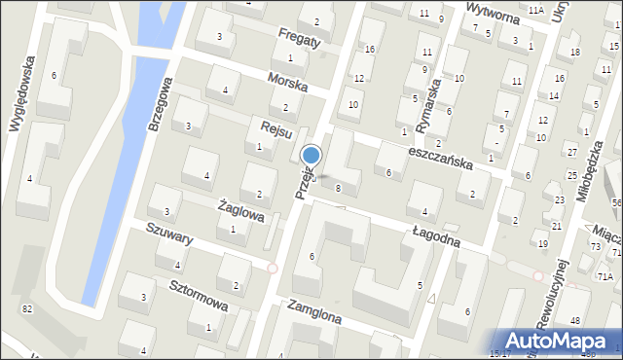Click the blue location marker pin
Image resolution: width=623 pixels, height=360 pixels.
click(x=311, y=156)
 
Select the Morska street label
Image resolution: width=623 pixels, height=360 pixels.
click(x=290, y=86)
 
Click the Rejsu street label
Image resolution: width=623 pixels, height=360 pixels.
click(x=263, y=127)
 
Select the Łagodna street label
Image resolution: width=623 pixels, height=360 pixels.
click(x=435, y=235)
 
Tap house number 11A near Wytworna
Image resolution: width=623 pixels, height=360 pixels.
click(x=536, y=10)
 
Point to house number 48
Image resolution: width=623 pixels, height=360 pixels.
click(x=576, y=321)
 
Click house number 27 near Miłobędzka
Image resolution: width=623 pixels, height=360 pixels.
click(x=571, y=153)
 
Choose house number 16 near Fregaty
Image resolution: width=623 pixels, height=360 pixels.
click(x=368, y=49)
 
